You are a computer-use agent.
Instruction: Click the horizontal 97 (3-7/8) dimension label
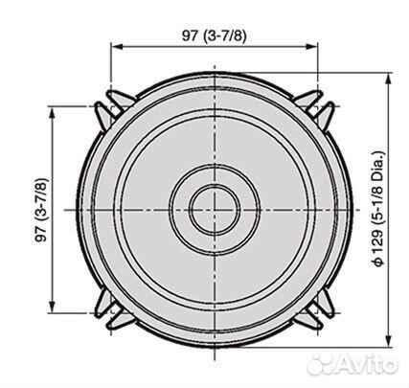[x=215, y=35]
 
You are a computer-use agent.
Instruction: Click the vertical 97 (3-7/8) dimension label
[x=42, y=210]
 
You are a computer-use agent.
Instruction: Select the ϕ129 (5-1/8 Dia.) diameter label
[x=379, y=208]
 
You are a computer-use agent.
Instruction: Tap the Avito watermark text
[x=366, y=364]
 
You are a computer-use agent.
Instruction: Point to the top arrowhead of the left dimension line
[x=52, y=114]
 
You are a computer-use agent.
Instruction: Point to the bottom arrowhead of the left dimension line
[x=52, y=306]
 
